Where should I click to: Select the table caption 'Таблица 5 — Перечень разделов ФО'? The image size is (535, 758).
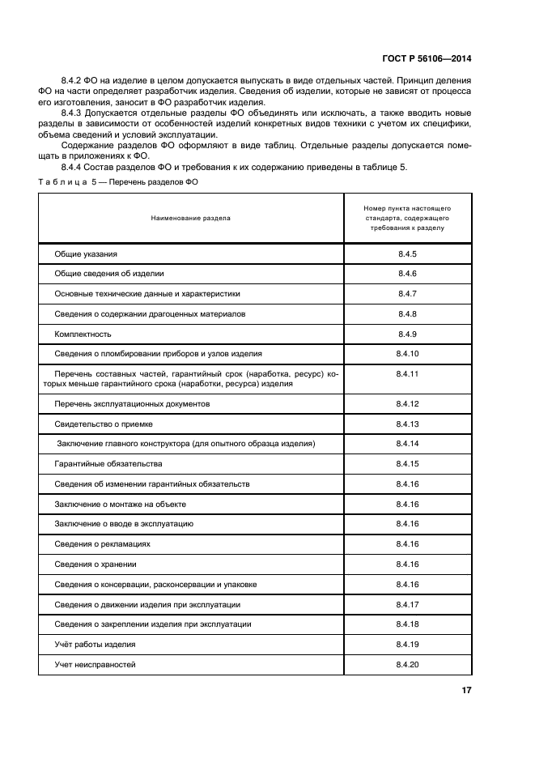[x=118, y=182]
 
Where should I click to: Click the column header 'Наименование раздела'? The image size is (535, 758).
[x=190, y=218]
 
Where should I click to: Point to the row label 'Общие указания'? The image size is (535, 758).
[x=86, y=254]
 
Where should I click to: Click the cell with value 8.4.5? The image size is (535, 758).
[x=407, y=254]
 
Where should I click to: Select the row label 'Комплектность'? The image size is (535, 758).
[x=83, y=334]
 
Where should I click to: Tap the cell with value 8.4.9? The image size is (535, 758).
[x=407, y=334]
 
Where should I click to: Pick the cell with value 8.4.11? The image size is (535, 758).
[x=407, y=374]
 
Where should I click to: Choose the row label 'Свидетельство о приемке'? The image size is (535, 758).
[x=104, y=424]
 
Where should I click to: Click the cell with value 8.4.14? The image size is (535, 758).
[x=407, y=444]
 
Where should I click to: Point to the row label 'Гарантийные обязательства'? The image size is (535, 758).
[x=108, y=464]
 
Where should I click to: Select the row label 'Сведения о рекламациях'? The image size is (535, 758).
[x=103, y=544]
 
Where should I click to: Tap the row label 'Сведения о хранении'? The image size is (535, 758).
[x=96, y=564]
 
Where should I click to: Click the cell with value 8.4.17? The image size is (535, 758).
[x=407, y=604]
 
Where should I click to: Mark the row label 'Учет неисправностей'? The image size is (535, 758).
[x=95, y=665]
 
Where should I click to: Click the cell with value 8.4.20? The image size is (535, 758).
[x=407, y=665]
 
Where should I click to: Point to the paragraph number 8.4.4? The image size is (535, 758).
[x=73, y=167]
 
